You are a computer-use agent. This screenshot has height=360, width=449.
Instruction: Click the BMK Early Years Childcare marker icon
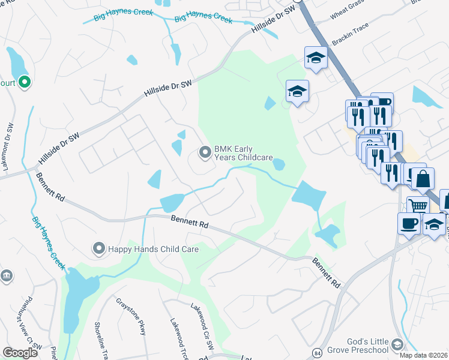pos(205,153)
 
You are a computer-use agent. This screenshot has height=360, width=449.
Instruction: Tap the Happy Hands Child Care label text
pos(140,248)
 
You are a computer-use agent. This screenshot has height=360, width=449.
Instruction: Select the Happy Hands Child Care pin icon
pos(98,248)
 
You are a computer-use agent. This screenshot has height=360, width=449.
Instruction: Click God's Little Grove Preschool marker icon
pos(396,344)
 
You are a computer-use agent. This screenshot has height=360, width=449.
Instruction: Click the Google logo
pos(20,353)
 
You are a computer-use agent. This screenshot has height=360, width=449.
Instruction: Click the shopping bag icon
pos(423,178)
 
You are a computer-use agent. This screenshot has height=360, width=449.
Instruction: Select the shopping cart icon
pos(418,206)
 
